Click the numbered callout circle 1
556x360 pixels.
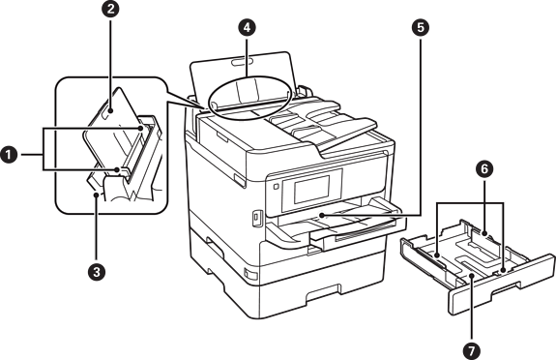click(x=8, y=155)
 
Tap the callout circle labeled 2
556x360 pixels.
click(x=110, y=10)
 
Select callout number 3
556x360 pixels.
click(x=96, y=273)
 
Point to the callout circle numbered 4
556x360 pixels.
click(x=247, y=28)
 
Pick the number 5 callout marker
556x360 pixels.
click(x=421, y=28)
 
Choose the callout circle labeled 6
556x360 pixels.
click(x=484, y=169)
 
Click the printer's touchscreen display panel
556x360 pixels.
click(x=311, y=190)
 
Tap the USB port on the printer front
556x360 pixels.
click(x=256, y=218)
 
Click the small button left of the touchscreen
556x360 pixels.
click(x=277, y=186)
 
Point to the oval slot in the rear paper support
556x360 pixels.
click(x=241, y=63)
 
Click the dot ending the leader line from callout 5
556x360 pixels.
click(x=321, y=215)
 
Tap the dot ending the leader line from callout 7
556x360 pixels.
click(x=472, y=276)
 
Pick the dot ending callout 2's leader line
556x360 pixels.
click(x=110, y=111)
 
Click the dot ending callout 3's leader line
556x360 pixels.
click(x=96, y=194)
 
